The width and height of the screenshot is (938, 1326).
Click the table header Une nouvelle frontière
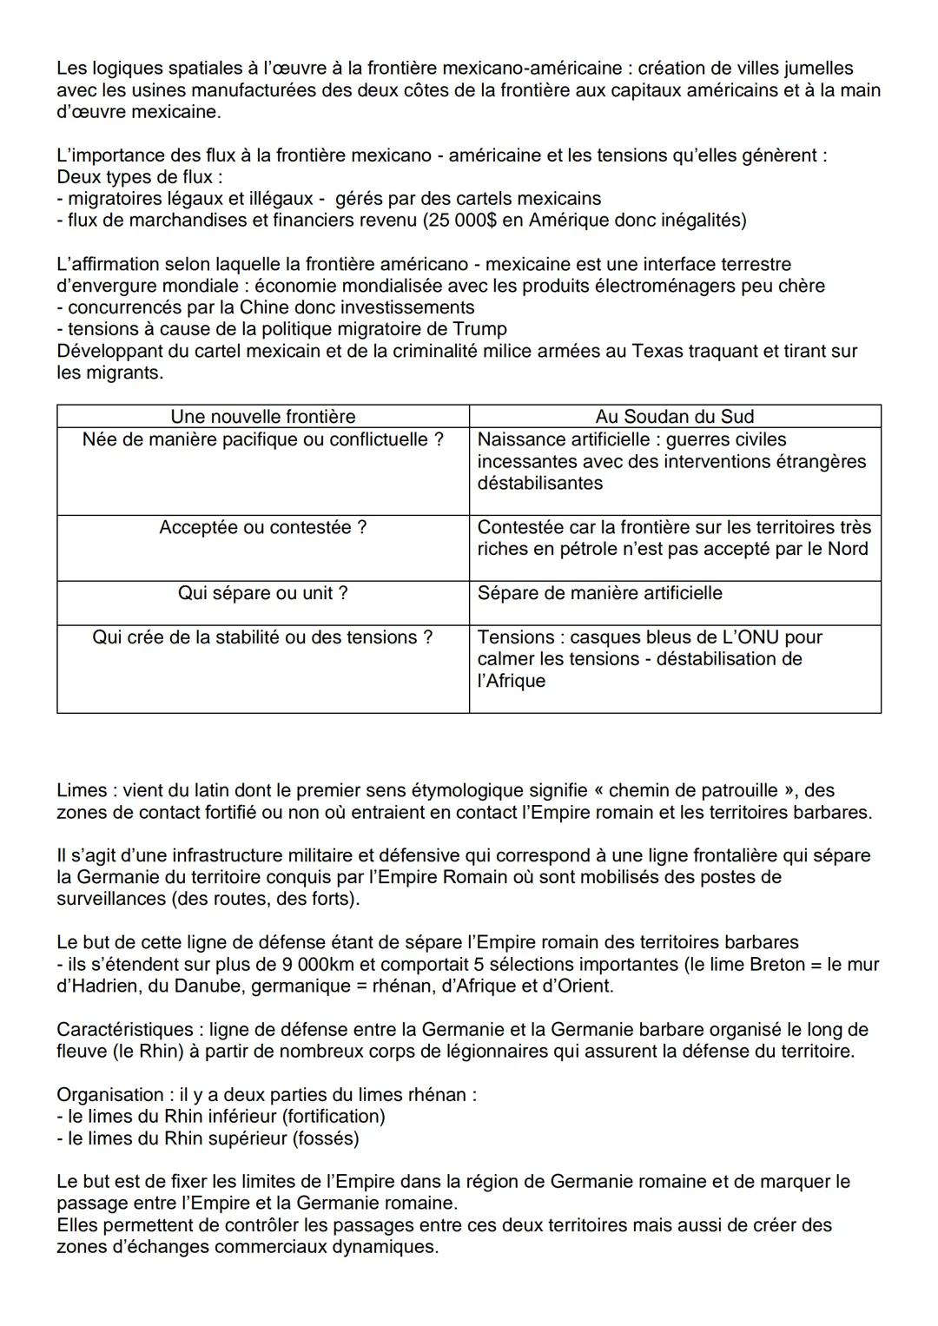point(262,417)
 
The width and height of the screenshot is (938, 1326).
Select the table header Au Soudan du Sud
point(674,417)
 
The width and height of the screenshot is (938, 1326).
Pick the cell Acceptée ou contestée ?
point(262,528)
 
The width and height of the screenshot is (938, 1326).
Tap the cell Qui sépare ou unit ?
point(262,593)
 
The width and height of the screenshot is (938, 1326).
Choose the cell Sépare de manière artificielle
point(599,593)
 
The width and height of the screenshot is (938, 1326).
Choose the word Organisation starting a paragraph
point(109,1095)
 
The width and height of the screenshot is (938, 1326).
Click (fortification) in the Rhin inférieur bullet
point(328,1117)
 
